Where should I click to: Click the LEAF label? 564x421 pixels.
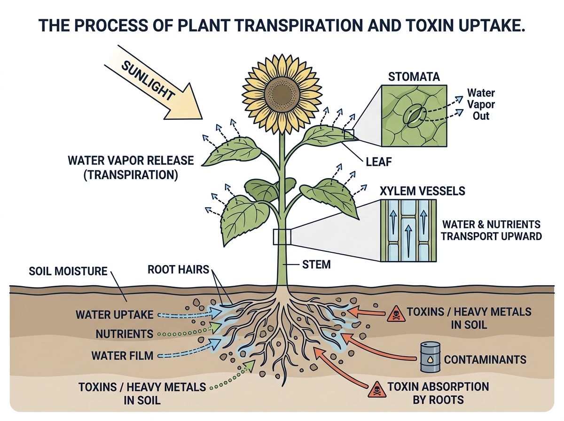379,163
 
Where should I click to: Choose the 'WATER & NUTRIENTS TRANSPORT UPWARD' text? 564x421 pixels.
491,230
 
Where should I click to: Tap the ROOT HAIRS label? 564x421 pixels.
178,270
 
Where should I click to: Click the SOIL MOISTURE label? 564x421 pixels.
68,272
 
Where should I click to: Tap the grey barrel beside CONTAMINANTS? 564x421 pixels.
430,357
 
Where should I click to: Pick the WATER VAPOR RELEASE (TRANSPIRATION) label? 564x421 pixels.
130,167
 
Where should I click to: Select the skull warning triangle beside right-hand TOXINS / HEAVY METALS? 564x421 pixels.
395,315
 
